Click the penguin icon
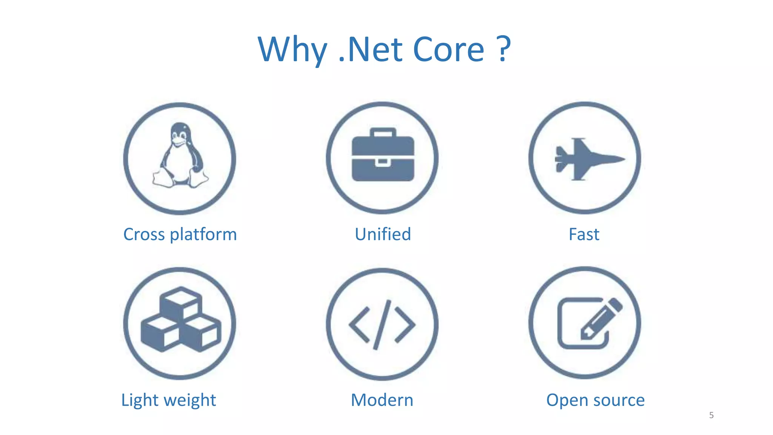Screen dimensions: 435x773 (180, 156)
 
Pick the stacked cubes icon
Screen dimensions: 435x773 (180, 321)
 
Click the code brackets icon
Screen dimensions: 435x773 (382, 324)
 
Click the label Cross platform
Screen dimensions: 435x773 (180, 234)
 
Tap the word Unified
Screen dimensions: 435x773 (383, 234)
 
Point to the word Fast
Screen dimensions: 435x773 (584, 234)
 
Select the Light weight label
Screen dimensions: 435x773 (168, 400)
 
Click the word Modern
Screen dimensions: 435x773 (382, 400)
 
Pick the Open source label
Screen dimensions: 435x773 (595, 400)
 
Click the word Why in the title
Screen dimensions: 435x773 (292, 50)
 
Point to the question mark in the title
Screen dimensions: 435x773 (504, 49)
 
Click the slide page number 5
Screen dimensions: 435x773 (711, 415)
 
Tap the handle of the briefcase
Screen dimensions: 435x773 (383, 133)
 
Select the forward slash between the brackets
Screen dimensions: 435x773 (382, 324)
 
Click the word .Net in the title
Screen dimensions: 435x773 (371, 50)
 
